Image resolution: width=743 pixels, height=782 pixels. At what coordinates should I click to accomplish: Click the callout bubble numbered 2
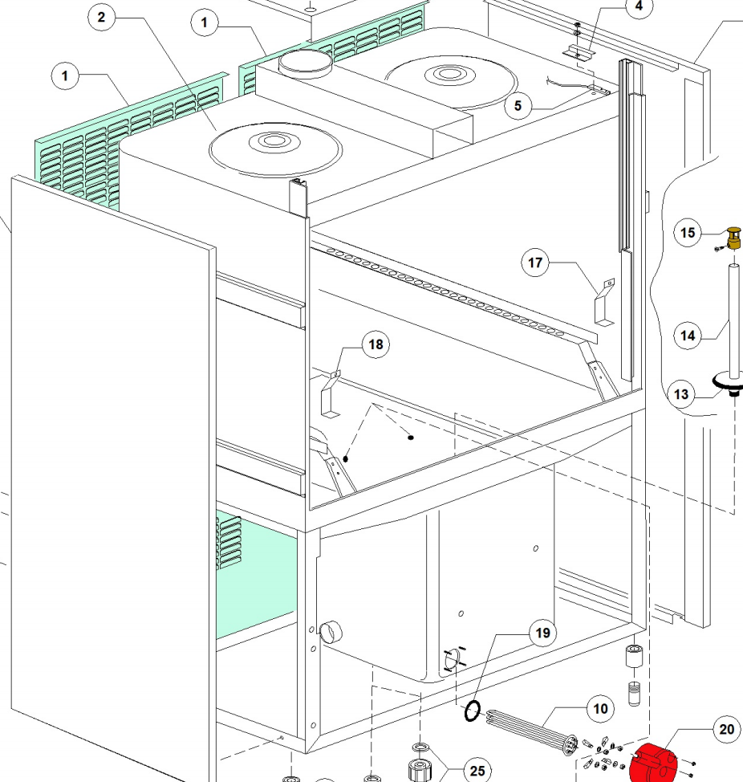[102, 18]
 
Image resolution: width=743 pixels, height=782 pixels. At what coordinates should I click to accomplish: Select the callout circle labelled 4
[639, 6]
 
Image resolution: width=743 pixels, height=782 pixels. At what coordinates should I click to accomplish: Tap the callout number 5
[518, 106]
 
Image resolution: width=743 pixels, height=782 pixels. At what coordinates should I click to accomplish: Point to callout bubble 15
[687, 233]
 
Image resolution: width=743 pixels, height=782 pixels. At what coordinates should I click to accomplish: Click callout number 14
[688, 336]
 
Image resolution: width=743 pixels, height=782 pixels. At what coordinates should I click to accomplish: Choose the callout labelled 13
[681, 394]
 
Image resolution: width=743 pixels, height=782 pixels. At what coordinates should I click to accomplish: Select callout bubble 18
[375, 344]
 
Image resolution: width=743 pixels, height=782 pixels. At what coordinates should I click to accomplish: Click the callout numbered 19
[542, 633]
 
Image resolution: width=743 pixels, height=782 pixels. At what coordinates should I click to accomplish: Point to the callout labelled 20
[726, 729]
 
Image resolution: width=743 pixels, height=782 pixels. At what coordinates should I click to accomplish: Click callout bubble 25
[477, 771]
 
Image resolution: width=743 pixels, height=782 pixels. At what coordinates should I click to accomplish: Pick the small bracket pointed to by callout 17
[603, 302]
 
